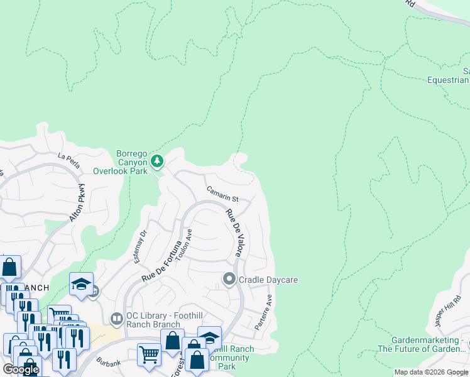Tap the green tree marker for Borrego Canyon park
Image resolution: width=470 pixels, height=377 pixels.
(156, 161)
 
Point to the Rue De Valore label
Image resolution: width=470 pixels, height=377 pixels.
(234, 233)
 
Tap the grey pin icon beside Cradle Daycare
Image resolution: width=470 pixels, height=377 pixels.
(229, 278)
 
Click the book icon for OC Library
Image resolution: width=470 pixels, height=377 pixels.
(116, 319)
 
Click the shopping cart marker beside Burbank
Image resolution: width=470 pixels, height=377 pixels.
(150, 354)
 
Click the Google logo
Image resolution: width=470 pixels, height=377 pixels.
(21, 369)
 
